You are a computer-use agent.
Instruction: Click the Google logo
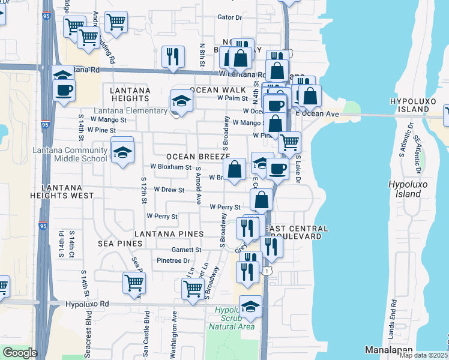pyautogui.click(x=19, y=353)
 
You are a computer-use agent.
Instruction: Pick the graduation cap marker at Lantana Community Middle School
pyautogui.click(x=122, y=150)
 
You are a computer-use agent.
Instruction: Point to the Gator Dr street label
pyautogui.click(x=229, y=17)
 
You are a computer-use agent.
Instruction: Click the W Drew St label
pyautogui.click(x=169, y=189)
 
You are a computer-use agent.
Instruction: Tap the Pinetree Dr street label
pyautogui.click(x=173, y=260)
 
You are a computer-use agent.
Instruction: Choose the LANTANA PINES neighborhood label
pyautogui.click(x=169, y=233)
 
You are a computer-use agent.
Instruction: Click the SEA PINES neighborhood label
pyautogui.click(x=120, y=244)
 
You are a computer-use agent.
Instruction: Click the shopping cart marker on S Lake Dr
pyautogui.click(x=289, y=142)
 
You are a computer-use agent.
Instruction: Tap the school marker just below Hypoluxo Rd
pyautogui.click(x=250, y=307)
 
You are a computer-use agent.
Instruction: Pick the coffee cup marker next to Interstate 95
pyautogui.click(x=63, y=91)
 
